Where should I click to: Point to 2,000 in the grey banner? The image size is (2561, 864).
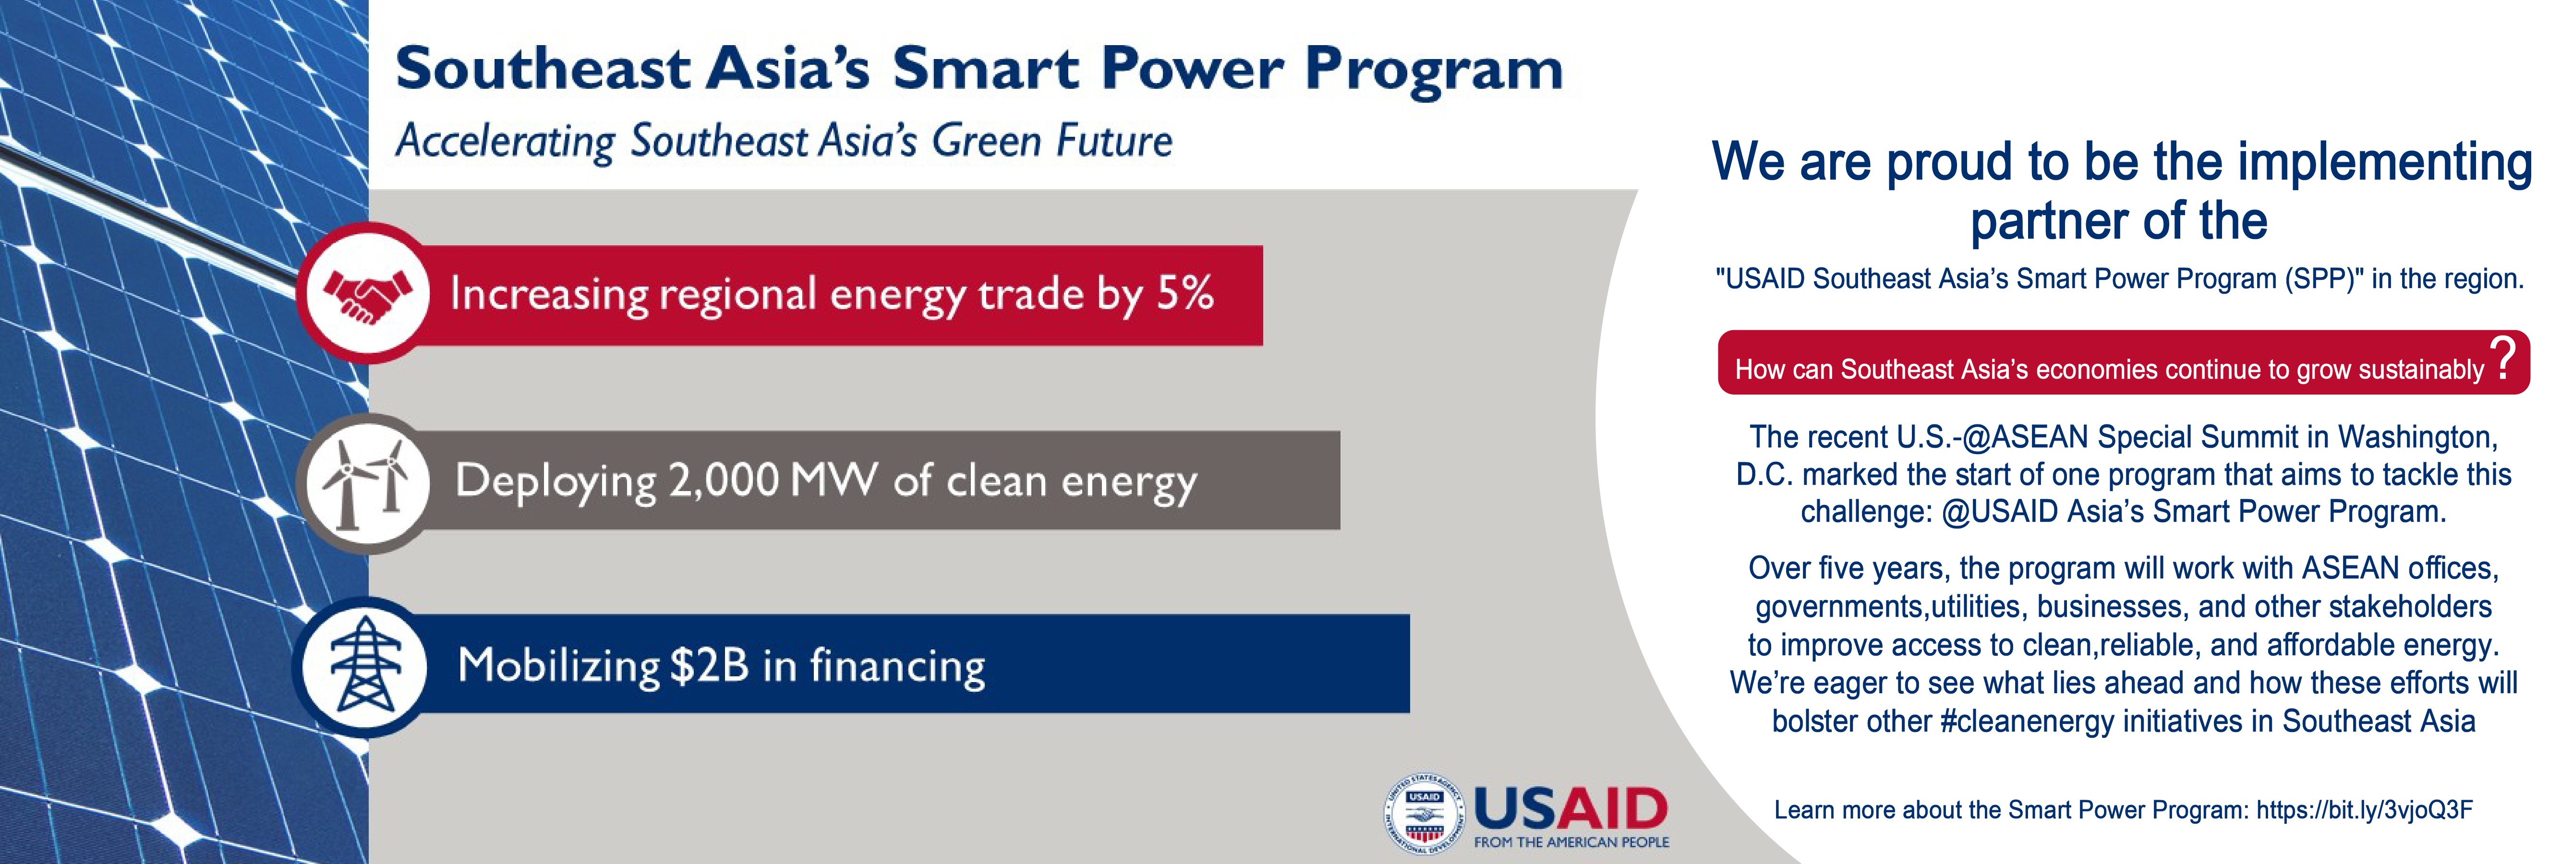pyautogui.click(x=723, y=481)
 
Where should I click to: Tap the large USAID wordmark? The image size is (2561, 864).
pyautogui.click(x=1571, y=808)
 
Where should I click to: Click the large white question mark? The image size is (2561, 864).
pyautogui.click(x=2503, y=359)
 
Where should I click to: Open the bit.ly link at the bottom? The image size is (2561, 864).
pyautogui.click(x=2364, y=810)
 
